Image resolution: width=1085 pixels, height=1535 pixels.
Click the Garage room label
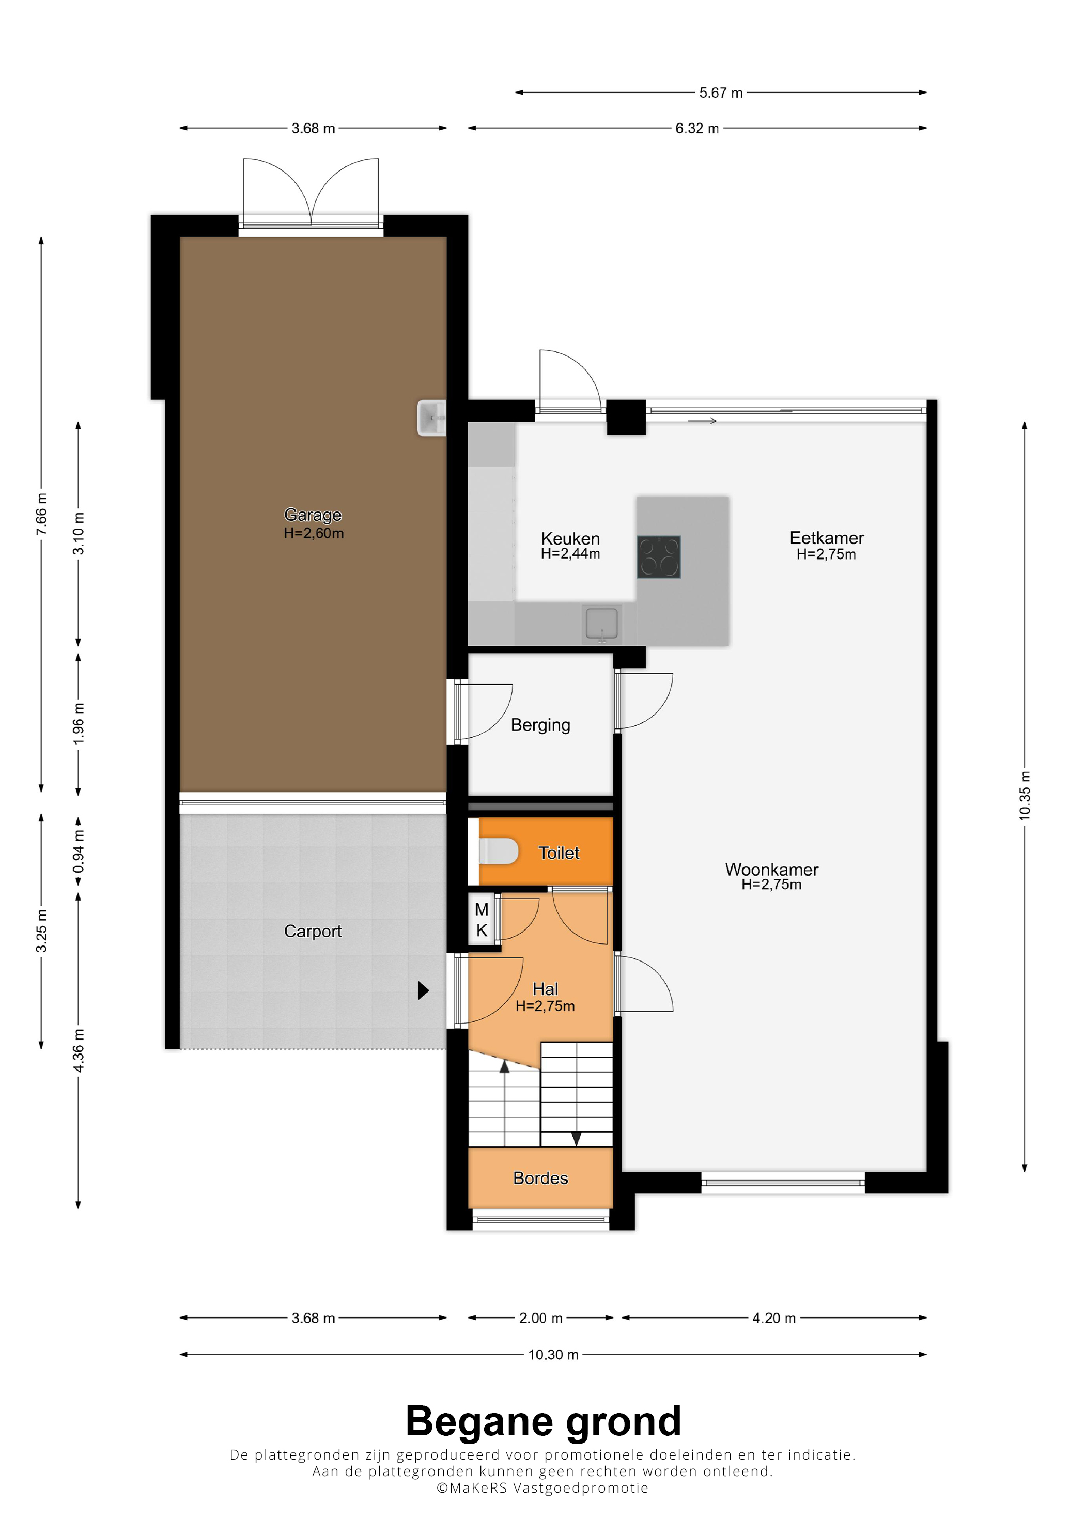point(313,515)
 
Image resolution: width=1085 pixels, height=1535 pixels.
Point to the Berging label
point(540,725)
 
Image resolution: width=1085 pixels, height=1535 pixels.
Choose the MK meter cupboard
point(482,920)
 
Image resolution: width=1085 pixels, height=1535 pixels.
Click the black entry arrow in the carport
point(423,990)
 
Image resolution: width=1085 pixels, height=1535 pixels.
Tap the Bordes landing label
point(540,1178)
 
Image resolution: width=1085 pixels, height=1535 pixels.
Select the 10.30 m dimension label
point(553,1355)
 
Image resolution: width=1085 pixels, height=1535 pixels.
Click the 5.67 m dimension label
point(721,93)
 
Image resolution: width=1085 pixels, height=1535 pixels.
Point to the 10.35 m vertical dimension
point(1024,796)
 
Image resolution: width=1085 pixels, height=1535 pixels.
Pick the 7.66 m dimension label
point(41,514)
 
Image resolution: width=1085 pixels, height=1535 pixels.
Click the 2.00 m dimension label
point(541,1317)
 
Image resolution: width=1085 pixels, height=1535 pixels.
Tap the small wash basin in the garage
point(431,418)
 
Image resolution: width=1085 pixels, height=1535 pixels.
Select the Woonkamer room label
point(771,869)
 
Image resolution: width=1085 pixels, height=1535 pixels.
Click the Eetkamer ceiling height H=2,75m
point(826,554)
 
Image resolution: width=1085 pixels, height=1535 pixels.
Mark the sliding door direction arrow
point(702,421)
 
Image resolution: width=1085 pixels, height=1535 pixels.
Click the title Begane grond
point(543,1421)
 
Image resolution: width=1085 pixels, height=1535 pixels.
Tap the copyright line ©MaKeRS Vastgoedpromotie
point(542,1487)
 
